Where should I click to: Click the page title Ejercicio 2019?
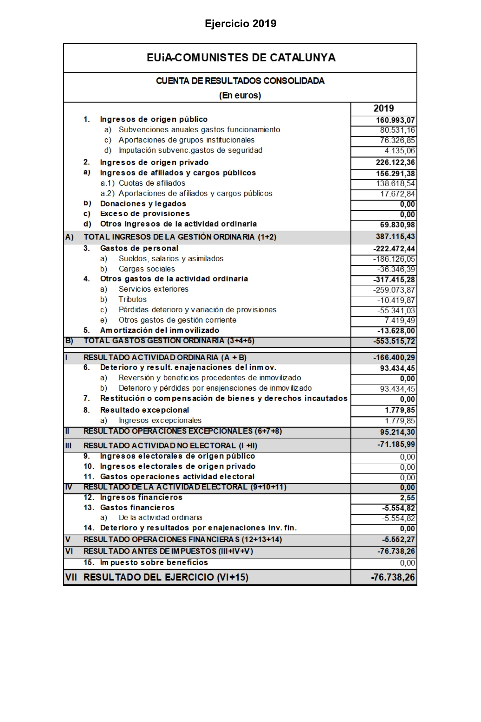(x=240, y=24)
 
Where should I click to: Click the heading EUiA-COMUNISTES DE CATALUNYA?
(x=241, y=58)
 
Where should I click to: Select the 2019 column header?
(x=383, y=108)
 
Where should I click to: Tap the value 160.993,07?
(x=395, y=120)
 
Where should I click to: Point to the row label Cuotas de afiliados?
(x=152, y=183)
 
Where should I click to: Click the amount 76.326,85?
(x=397, y=140)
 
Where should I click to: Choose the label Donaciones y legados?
(x=143, y=204)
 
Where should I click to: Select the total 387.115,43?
(x=395, y=237)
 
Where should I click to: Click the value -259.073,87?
(x=394, y=290)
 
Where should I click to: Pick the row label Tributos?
(x=133, y=299)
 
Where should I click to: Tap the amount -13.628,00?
(x=396, y=331)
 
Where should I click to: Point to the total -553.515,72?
(x=394, y=341)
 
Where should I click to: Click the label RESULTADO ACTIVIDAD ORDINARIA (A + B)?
(x=165, y=357)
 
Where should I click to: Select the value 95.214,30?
(x=397, y=432)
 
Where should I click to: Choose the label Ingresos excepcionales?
(x=160, y=420)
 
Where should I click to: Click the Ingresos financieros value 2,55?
(x=407, y=498)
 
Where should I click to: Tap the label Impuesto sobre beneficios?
(x=154, y=563)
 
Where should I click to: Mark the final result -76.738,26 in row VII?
(x=393, y=577)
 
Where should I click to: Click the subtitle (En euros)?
(x=240, y=95)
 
